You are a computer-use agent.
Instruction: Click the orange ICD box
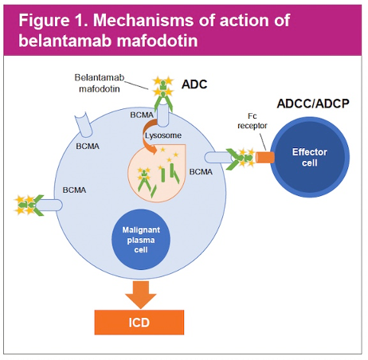[139, 322]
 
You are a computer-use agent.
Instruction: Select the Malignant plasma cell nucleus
[140, 240]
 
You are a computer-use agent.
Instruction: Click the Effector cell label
[310, 157]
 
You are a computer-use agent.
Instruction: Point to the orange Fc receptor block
[265, 157]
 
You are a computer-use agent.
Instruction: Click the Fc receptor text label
[253, 121]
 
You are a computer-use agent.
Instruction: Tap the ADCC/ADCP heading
[313, 104]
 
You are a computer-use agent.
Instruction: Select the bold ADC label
[194, 84]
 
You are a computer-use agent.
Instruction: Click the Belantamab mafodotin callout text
[100, 83]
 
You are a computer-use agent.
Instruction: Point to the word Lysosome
[163, 135]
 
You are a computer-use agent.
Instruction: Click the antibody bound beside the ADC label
[163, 93]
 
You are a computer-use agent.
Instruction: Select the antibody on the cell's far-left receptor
[29, 205]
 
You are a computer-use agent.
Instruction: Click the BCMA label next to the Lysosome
[142, 115]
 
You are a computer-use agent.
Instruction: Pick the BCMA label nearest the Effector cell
[201, 172]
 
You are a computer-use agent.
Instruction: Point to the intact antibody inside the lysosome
[144, 180]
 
